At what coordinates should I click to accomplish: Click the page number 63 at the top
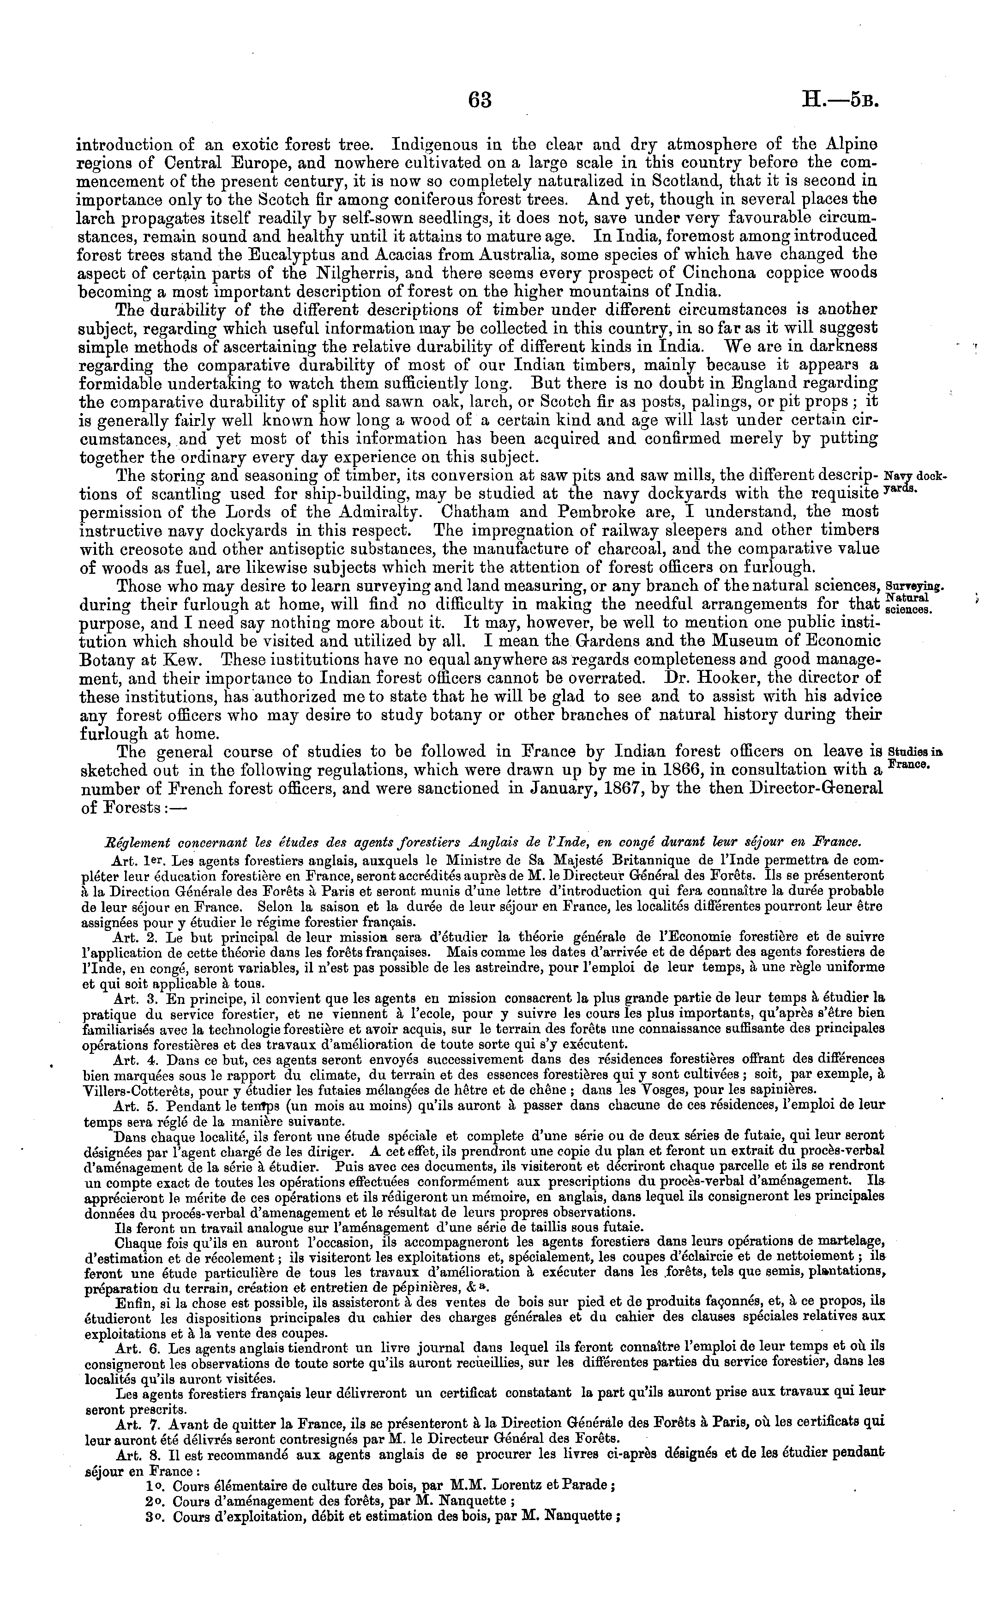(x=480, y=100)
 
